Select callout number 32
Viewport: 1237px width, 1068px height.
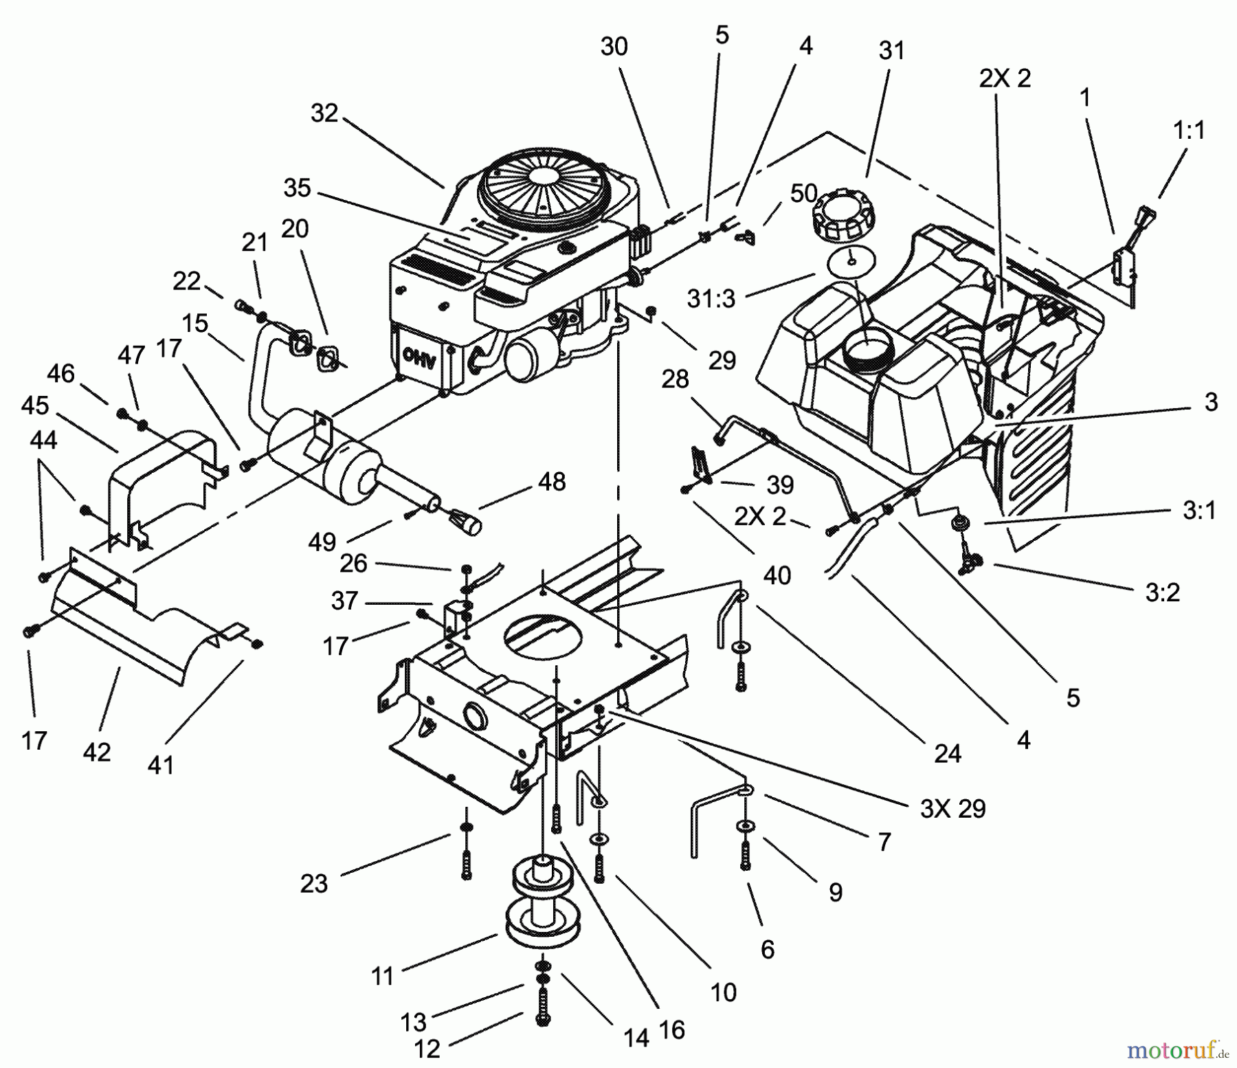(324, 113)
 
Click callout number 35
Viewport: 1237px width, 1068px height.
(297, 188)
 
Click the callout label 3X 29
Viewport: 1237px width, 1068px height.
(953, 808)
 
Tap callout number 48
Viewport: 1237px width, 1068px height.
(552, 482)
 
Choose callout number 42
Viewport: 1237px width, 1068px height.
(96, 752)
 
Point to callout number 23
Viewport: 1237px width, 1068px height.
(314, 883)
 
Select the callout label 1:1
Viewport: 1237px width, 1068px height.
(1189, 130)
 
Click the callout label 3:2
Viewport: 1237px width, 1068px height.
(1162, 592)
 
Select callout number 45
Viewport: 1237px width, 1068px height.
(34, 405)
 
